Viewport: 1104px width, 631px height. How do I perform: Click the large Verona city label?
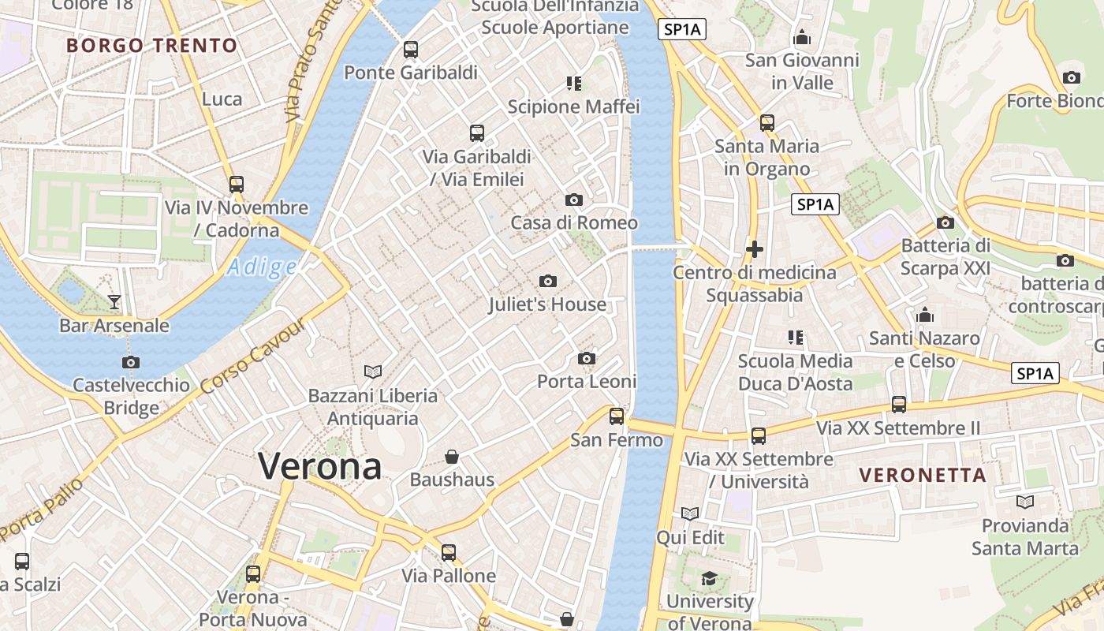tap(320, 465)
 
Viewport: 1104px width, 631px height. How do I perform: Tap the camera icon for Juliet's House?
tap(548, 281)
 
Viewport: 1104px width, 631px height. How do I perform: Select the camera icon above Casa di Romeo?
tap(574, 200)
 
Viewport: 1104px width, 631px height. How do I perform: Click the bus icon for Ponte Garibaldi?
tap(410, 50)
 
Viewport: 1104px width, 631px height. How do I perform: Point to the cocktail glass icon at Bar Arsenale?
tap(114, 301)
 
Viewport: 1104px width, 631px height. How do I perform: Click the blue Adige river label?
tap(262, 267)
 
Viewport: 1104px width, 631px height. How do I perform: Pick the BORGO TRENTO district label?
tap(152, 45)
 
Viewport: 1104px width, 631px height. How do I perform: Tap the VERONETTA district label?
tap(923, 475)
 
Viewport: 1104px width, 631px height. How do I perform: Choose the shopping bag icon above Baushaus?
tap(452, 457)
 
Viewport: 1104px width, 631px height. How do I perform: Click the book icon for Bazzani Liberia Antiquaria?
tap(373, 371)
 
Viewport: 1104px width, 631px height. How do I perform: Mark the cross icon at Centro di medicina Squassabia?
tap(755, 249)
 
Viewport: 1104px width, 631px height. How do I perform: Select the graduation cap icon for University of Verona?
tap(709, 578)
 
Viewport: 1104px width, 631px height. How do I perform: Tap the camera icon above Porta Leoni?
tap(586, 359)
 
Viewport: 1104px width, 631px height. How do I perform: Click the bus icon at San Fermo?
tap(617, 416)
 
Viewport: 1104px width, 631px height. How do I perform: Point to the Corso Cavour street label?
tap(252, 356)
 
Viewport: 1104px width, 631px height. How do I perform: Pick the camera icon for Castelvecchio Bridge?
tap(131, 362)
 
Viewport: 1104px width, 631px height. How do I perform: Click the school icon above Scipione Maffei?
tap(574, 83)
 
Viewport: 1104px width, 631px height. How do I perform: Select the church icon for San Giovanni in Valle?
tap(802, 37)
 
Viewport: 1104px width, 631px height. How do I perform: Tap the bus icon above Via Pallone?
tap(449, 552)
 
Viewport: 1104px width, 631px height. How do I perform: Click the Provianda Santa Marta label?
tap(1024, 536)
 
